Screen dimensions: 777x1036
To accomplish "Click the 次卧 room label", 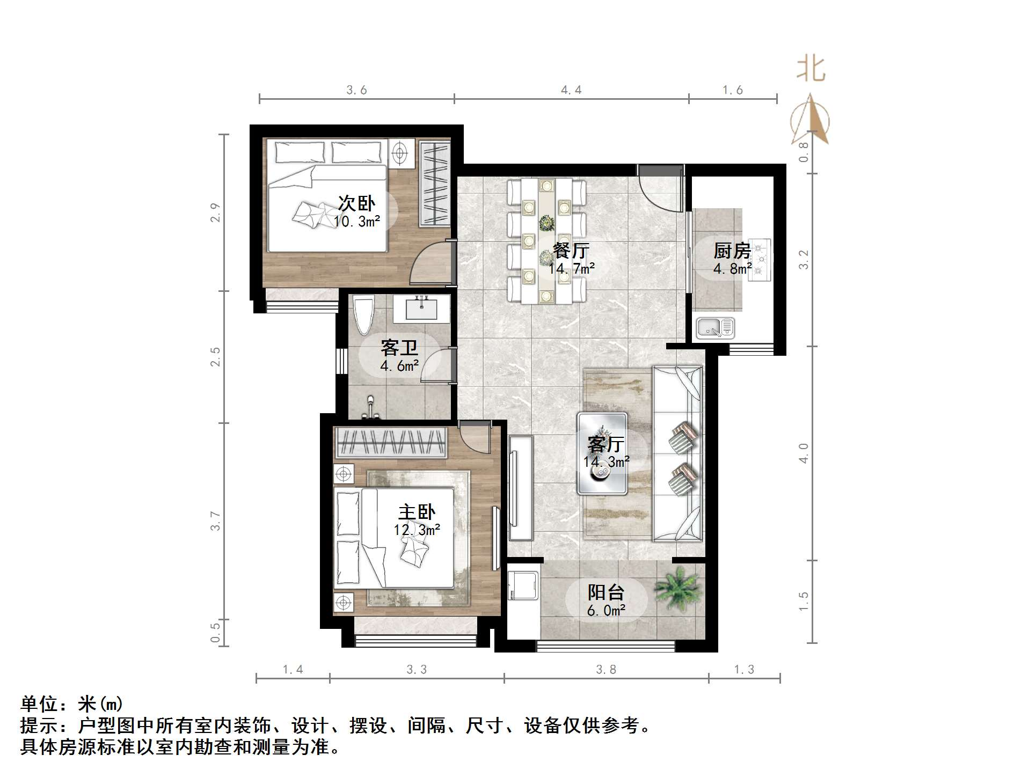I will (x=356, y=203).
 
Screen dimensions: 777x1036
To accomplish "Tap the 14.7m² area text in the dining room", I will (x=571, y=268).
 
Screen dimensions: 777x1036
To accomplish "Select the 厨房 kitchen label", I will (x=732, y=251).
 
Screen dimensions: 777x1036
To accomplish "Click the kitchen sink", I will (x=715, y=327).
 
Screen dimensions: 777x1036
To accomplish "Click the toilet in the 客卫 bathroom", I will (x=363, y=316).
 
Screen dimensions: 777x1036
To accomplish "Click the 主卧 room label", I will (x=417, y=512).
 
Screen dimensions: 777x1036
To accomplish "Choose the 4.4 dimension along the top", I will (x=571, y=90).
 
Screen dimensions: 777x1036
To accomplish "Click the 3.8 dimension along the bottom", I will (x=606, y=669).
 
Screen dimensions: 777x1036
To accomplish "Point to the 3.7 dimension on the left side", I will (x=215, y=521).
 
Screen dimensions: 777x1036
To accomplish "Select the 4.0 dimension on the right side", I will (x=804, y=453).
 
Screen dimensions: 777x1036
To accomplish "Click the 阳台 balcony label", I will (x=606, y=592).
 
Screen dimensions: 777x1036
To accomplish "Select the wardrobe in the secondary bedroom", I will (x=434, y=184).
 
